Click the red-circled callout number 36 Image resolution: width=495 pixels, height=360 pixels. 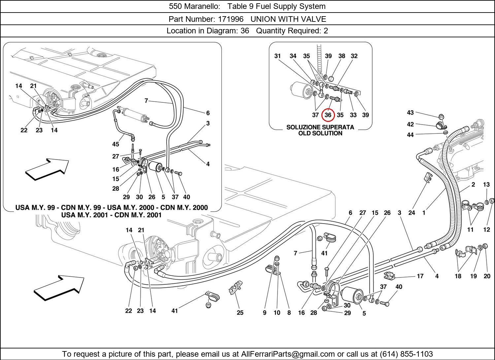(x=328, y=115)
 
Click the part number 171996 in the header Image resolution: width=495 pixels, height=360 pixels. (x=231, y=19)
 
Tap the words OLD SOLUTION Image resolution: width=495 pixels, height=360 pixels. (x=320, y=133)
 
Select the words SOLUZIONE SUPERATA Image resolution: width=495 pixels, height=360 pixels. (x=320, y=127)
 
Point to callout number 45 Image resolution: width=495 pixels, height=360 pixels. (x=115, y=144)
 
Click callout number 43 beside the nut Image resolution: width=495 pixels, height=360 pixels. (x=411, y=113)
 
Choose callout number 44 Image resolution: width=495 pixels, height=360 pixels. (x=411, y=135)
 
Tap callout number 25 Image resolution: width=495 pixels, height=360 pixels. (x=240, y=313)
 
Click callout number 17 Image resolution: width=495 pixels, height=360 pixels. (x=420, y=276)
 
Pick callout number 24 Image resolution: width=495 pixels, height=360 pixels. (x=412, y=213)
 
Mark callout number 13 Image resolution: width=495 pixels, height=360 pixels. (x=486, y=184)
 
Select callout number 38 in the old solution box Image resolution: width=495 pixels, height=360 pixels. (x=342, y=56)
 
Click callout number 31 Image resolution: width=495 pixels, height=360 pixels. (x=277, y=56)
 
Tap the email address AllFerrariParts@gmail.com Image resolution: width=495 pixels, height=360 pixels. (x=288, y=354)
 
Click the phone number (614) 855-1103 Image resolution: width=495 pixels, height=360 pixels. (x=406, y=354)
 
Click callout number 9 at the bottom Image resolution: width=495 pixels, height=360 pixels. (x=265, y=313)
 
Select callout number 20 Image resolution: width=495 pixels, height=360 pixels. (x=487, y=276)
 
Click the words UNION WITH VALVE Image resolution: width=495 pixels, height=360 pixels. (x=288, y=19)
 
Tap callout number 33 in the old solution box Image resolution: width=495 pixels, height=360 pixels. (x=353, y=115)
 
